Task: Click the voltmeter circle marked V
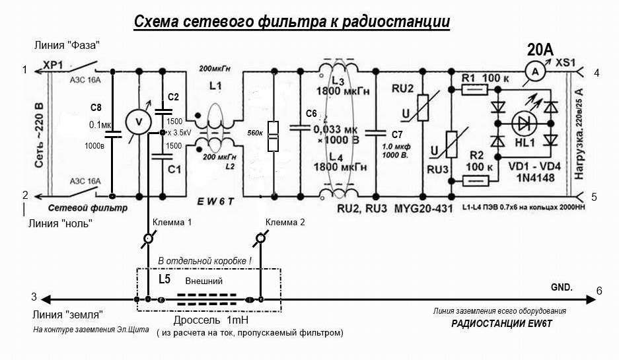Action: [138, 122]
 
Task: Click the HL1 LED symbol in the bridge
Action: [523, 124]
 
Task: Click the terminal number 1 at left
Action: [24, 69]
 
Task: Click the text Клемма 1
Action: [172, 222]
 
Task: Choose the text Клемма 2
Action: [285, 222]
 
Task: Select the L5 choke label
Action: [165, 279]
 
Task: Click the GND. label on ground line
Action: [562, 288]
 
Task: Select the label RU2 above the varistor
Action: [402, 89]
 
